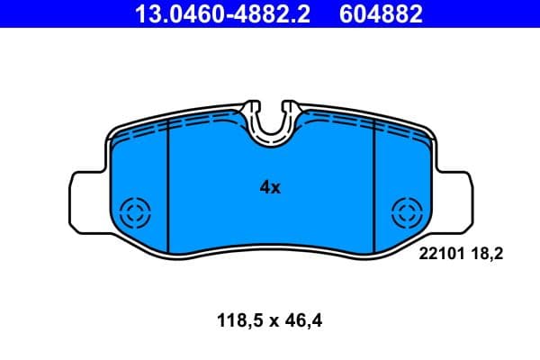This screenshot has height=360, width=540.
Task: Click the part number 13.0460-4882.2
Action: click(x=224, y=13)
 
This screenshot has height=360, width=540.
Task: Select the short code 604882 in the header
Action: click(x=379, y=13)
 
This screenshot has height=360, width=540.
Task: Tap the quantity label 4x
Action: click(x=270, y=187)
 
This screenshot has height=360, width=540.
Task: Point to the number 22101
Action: click(x=441, y=255)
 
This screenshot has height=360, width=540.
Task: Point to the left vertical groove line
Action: click(x=170, y=189)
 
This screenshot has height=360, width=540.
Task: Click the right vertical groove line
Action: click(x=374, y=189)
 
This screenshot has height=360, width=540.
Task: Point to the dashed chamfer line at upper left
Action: click(x=144, y=131)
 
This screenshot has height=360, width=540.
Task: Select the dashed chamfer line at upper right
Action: click(x=400, y=131)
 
